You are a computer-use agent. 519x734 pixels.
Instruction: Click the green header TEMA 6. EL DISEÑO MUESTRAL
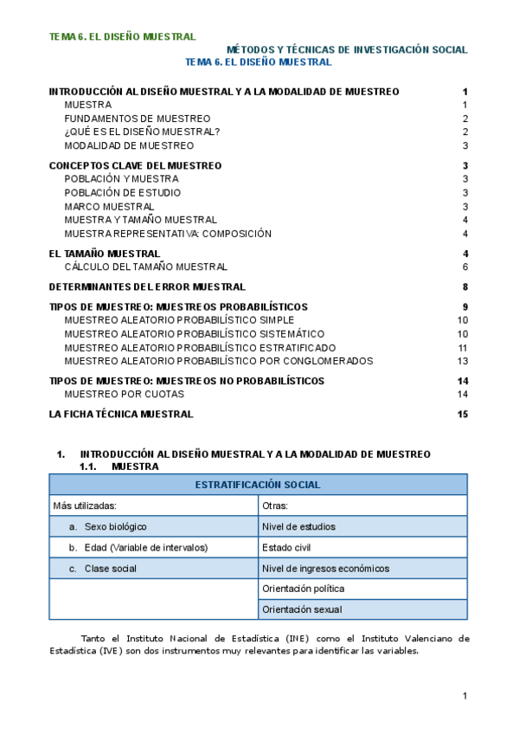[122, 37]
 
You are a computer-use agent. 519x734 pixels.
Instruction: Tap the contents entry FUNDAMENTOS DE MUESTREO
[138, 119]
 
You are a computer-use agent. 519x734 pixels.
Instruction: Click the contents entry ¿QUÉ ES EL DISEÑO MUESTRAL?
[142, 132]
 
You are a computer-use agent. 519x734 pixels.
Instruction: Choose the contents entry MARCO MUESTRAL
[109, 206]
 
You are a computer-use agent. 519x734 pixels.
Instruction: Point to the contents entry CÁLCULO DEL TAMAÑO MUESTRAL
[145, 267]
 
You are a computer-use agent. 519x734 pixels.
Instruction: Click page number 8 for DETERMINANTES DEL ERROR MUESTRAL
[465, 287]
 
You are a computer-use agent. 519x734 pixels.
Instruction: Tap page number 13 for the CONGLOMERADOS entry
[463, 361]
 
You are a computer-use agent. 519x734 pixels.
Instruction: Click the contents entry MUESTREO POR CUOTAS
[125, 394]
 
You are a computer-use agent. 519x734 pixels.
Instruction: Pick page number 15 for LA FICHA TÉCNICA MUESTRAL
[462, 415]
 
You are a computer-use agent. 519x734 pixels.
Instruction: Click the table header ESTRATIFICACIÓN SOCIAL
[258, 485]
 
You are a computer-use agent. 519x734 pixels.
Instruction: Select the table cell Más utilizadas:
[85, 505]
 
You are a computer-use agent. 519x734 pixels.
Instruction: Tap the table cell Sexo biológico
[116, 526]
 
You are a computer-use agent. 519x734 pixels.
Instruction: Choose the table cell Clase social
[111, 569]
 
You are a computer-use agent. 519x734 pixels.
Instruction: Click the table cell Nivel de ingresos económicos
[325, 569]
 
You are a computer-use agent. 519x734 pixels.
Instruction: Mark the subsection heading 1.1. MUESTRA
[118, 466]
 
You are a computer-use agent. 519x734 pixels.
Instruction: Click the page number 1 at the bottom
[465, 696]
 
